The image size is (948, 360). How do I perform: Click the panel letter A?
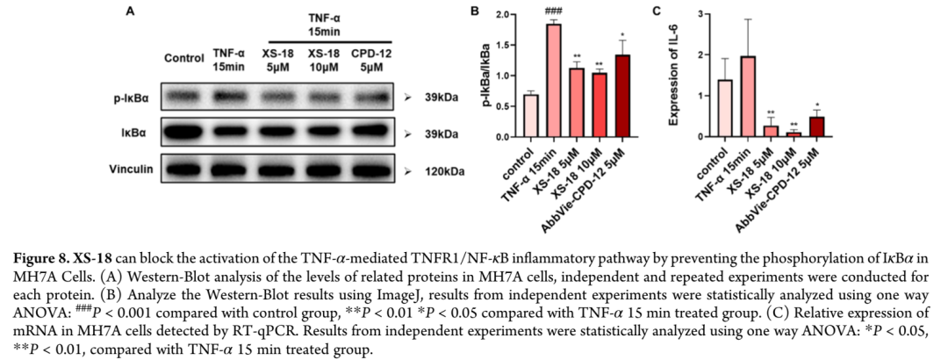click(x=130, y=11)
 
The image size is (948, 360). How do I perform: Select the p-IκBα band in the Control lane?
click(x=184, y=97)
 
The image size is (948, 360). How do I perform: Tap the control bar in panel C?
click(x=725, y=108)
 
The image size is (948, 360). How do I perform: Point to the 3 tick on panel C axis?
click(x=699, y=14)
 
